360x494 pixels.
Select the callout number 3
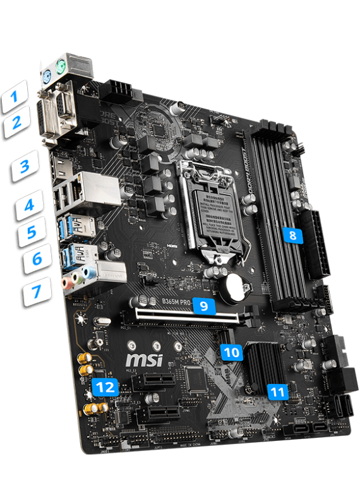click(x=25, y=168)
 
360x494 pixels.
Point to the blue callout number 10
click(x=232, y=352)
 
